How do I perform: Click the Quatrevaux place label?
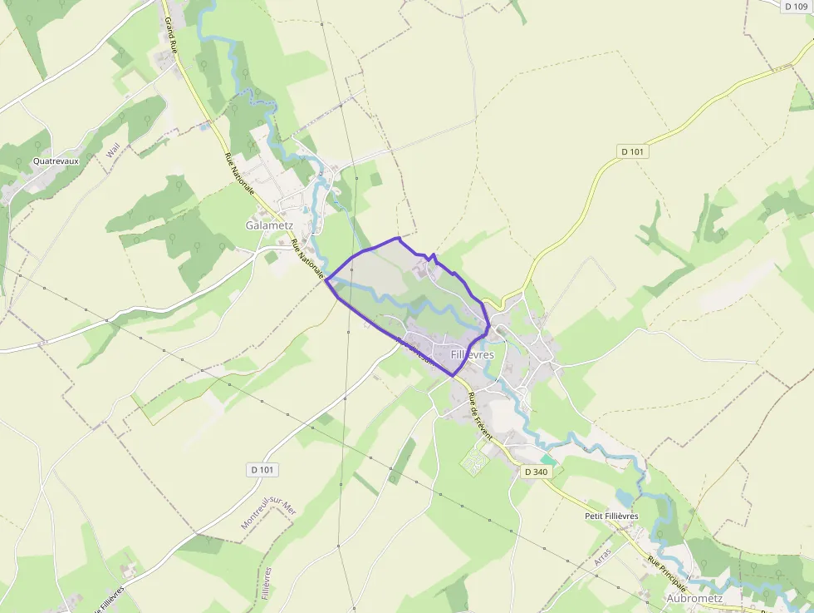[x=56, y=161]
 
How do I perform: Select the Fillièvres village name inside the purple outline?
[x=472, y=354]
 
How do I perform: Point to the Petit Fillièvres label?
[x=611, y=517]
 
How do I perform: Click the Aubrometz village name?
[x=694, y=598]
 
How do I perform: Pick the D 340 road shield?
[x=537, y=472]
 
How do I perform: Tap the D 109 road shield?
[x=796, y=7]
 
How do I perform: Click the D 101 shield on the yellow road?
[x=633, y=151]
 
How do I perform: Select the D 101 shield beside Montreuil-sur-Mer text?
[x=262, y=470]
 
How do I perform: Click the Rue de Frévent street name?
[x=479, y=416]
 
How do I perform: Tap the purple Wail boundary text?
[x=114, y=151]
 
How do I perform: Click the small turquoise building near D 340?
[x=547, y=459]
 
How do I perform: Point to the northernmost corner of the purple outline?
[x=400, y=238]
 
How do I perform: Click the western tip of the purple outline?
[x=325, y=280]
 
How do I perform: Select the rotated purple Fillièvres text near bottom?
[x=266, y=583]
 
